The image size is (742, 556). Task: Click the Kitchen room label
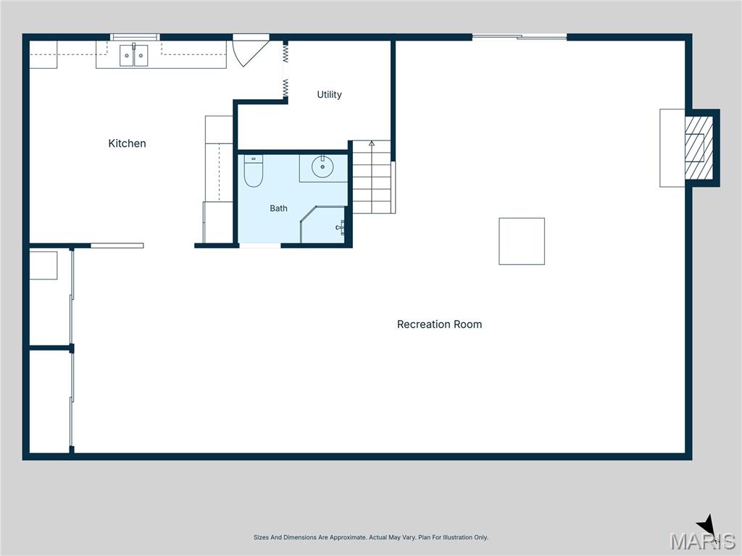tap(127, 143)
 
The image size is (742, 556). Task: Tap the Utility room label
tap(330, 95)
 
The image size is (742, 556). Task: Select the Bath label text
tap(278, 208)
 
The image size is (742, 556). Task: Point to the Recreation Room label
tap(439, 324)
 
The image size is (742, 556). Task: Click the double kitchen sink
tap(133, 55)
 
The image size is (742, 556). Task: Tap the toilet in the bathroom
tap(253, 171)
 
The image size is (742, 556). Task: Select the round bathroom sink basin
tap(322, 167)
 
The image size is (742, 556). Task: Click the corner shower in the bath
tap(323, 224)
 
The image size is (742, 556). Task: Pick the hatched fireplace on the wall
tap(699, 148)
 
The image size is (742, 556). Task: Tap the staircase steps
tap(372, 177)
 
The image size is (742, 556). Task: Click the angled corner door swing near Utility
tap(251, 50)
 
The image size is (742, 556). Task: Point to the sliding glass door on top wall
tap(519, 36)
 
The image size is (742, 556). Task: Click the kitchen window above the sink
tap(135, 37)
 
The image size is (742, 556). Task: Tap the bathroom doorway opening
tap(260, 245)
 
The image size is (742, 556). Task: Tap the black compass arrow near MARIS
tap(706, 526)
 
